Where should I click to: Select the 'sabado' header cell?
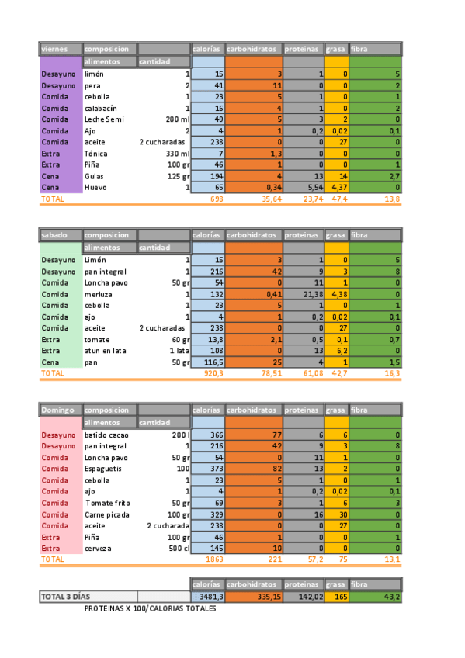coord(54,234)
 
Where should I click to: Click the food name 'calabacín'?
coord(101,109)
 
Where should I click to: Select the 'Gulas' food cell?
coord(95,177)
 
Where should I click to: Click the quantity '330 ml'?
coord(174,154)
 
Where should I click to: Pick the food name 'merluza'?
coord(98,294)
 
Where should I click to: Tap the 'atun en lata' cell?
coord(105,351)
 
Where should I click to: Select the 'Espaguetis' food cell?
coord(103,469)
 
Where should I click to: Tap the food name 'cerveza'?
coord(98,548)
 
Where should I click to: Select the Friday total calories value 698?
coord(216,199)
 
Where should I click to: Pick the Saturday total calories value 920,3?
coord(213,373)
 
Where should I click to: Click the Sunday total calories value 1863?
coord(214,559)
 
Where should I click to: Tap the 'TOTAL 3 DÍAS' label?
coord(65,596)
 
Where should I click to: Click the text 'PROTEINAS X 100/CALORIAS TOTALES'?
coord(151,608)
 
